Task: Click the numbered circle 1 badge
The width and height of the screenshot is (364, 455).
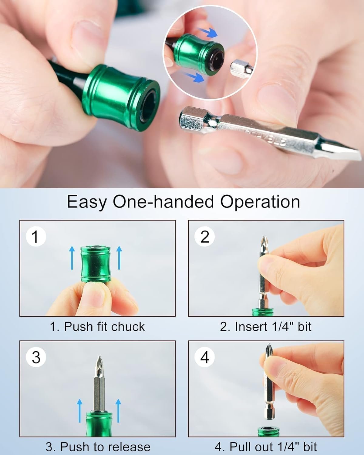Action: coord(36,236)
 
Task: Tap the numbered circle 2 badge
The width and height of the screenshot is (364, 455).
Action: coord(205,236)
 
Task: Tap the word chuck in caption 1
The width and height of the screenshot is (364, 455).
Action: coord(128,327)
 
